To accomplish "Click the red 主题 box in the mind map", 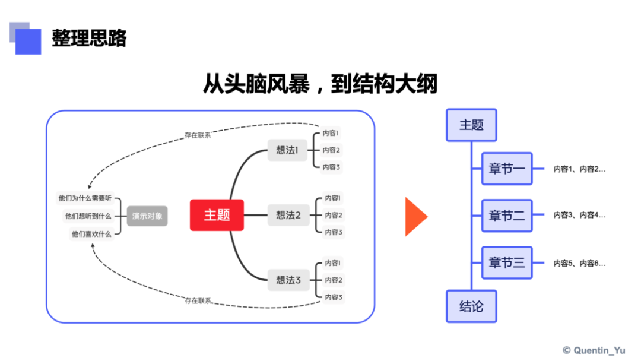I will point(217,215).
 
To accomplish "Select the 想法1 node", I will point(288,150).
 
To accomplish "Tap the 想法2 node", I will point(288,215).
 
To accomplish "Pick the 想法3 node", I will point(288,280).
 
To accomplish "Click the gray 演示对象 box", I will point(147,216).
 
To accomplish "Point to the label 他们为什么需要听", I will point(85,198).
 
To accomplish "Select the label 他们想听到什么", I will point(88,216).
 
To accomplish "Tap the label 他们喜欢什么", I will point(91,234).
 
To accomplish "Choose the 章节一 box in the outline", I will point(507,169).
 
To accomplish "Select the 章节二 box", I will point(507,216).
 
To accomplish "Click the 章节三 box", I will point(507,262).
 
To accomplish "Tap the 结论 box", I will point(471,306).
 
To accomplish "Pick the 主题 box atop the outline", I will point(471,125).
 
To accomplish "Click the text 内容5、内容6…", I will point(579,263).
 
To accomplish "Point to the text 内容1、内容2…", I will point(579,169).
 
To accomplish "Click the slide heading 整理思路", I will point(89,39).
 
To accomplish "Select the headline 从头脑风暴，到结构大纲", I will point(320,84).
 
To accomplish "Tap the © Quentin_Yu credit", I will point(594,350).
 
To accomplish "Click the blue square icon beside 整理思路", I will point(27,40).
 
